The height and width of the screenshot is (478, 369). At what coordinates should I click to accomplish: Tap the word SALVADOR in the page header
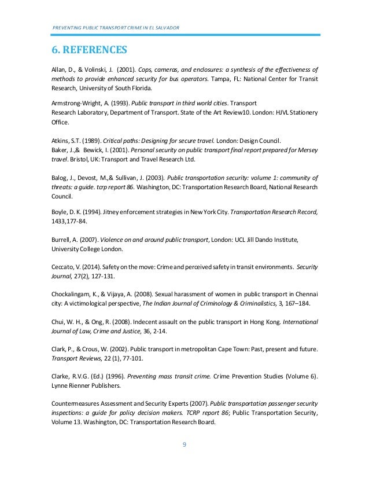click(164, 28)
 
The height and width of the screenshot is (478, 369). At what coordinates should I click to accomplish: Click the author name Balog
click(61, 178)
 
